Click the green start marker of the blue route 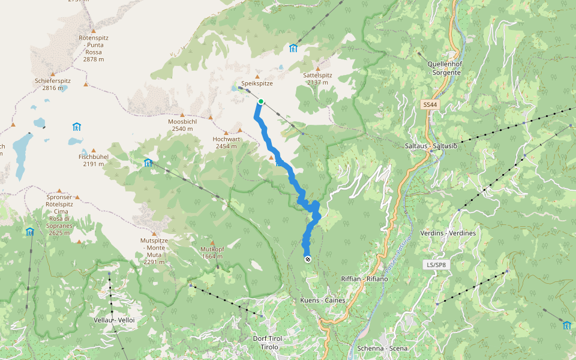(x=261, y=101)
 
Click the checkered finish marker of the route (x=307, y=259)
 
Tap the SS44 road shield (x=428, y=105)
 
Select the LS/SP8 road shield (x=436, y=265)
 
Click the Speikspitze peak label (x=257, y=83)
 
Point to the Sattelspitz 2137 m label (x=318, y=79)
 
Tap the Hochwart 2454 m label (x=226, y=142)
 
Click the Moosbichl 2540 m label (x=182, y=125)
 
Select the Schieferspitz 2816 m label (x=53, y=84)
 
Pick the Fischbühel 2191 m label (x=93, y=160)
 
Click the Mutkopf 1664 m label (x=212, y=252)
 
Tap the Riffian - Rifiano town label (x=364, y=279)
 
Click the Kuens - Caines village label (x=323, y=299)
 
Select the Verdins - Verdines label (x=448, y=233)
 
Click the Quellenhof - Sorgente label (x=444, y=68)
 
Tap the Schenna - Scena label (x=382, y=348)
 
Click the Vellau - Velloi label (x=115, y=320)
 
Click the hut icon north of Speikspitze (x=293, y=48)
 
